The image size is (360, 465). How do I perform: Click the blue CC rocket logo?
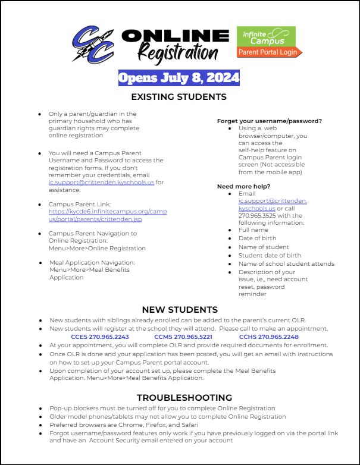[x=93, y=44]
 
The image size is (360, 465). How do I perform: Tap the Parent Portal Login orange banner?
[x=270, y=52]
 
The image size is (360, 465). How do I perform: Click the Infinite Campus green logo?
[x=266, y=36]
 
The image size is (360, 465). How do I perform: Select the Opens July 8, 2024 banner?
[x=179, y=78]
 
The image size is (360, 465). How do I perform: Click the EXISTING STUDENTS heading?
[x=179, y=96]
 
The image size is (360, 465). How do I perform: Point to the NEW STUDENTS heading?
[x=180, y=310]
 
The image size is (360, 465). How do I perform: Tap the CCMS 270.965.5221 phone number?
[x=184, y=337]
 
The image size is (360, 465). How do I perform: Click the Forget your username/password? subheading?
[x=270, y=121]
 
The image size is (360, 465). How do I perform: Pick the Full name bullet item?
[x=253, y=230]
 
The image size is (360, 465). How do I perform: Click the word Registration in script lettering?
[x=178, y=53]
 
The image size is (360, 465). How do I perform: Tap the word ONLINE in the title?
[x=176, y=34]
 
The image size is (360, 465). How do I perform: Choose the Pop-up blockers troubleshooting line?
[x=162, y=409]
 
